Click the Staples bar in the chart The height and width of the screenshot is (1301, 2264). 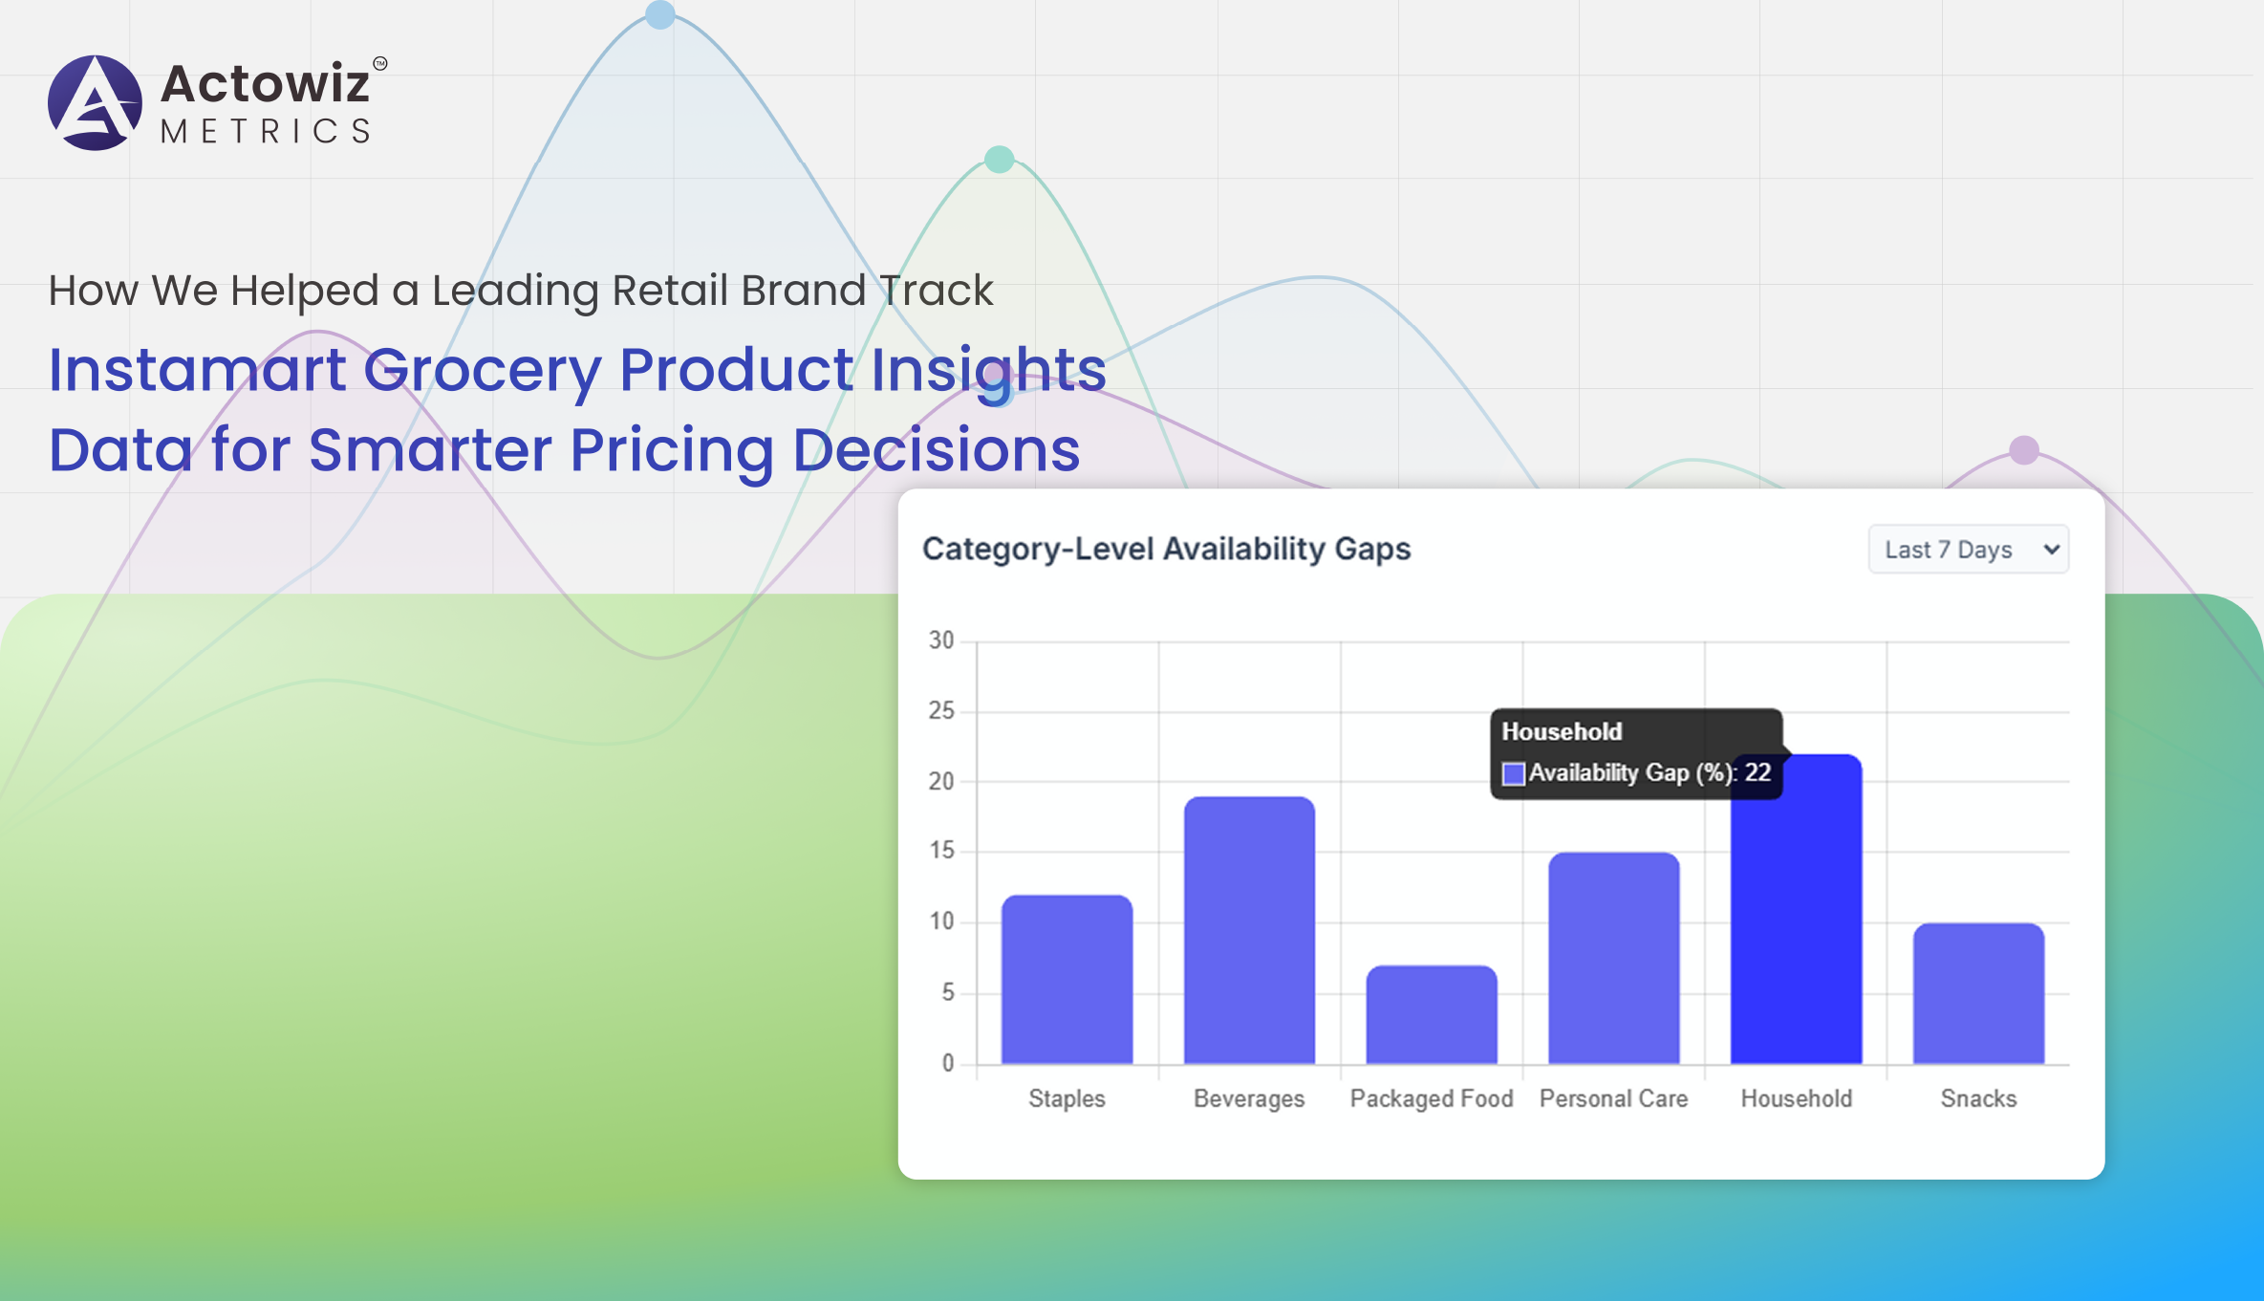tap(1067, 979)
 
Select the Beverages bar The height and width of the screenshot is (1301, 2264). tap(1249, 930)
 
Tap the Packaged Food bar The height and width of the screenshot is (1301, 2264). tap(1432, 1014)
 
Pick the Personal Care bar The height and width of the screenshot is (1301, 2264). tap(1614, 958)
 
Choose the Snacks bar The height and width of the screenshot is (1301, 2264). tap(1978, 993)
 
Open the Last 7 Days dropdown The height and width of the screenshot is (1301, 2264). tap(1969, 550)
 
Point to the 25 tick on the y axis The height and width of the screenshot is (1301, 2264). tap(941, 710)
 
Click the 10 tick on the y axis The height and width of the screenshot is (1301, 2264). tap(941, 922)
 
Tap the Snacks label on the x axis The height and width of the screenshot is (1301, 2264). tap(1978, 1098)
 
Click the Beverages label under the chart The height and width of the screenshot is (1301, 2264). tap(1249, 1099)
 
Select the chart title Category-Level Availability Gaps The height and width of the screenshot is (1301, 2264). tap(1166, 550)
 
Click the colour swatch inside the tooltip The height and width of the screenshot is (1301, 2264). tap(1514, 773)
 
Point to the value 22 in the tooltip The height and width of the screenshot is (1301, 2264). tap(1757, 772)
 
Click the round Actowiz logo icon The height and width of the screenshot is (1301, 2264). tap(95, 102)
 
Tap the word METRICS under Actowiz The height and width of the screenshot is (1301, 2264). tap(267, 131)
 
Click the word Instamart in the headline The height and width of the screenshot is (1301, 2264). tap(198, 370)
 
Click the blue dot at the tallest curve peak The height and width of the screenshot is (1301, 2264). tap(660, 14)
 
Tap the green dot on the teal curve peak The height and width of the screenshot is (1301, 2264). tap(999, 159)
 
